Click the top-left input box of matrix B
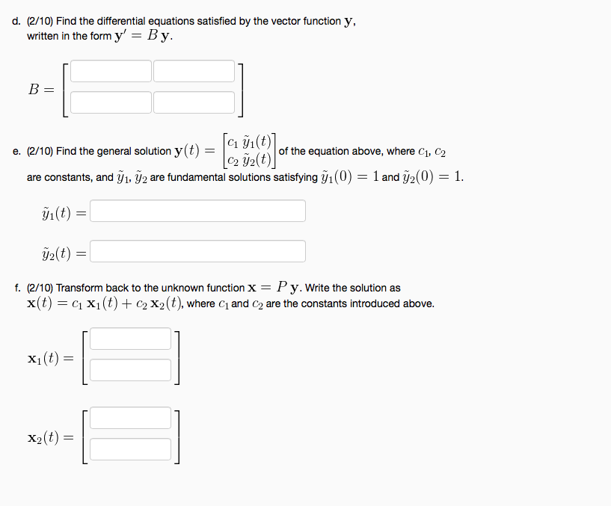tap(111, 71)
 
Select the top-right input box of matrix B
tap(194, 71)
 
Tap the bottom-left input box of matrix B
tap(111, 102)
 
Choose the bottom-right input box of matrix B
tap(194, 102)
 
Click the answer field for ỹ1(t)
tap(197, 211)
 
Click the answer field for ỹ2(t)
tap(197, 251)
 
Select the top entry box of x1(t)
tap(131, 339)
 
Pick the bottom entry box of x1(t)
tap(131, 369)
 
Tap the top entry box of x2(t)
tap(131, 419)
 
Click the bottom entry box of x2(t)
tap(131, 449)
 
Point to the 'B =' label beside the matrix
tap(40, 88)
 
